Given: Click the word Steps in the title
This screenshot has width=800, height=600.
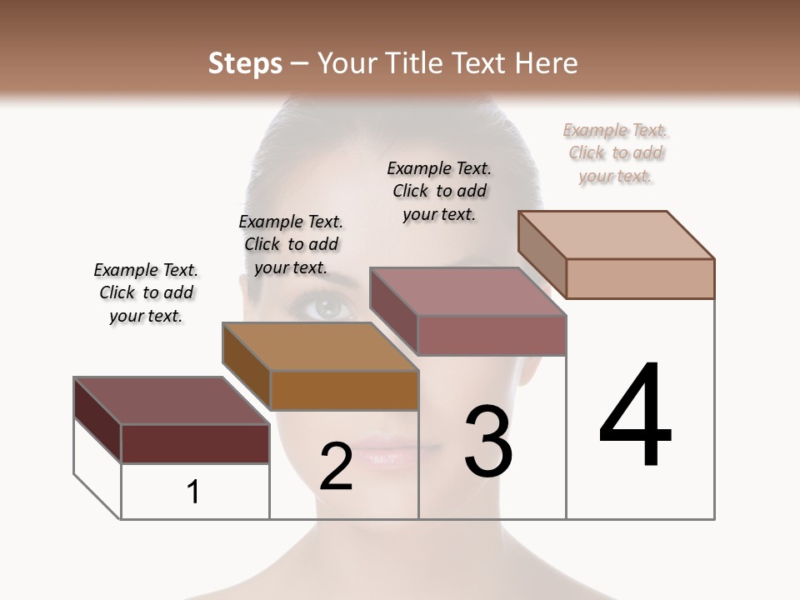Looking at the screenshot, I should [244, 63].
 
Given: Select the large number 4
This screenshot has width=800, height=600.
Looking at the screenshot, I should [635, 416].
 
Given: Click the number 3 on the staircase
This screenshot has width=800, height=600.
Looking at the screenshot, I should [488, 442].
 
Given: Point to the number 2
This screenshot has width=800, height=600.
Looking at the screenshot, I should [336, 467].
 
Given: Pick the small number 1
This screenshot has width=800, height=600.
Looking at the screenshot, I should [193, 492].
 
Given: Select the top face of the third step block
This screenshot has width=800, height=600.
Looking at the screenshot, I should [467, 292].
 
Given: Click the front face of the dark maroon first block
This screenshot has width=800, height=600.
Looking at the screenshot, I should [195, 443].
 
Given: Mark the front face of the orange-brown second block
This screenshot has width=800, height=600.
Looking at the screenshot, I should [344, 390].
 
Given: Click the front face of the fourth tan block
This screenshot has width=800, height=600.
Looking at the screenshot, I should [640, 278].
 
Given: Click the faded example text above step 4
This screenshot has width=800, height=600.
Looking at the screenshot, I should [616, 152].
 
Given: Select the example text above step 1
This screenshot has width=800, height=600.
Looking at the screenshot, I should [146, 292].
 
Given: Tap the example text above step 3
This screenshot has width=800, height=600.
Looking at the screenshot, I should [439, 191].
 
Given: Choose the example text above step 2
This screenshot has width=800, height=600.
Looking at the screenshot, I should [291, 244].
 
